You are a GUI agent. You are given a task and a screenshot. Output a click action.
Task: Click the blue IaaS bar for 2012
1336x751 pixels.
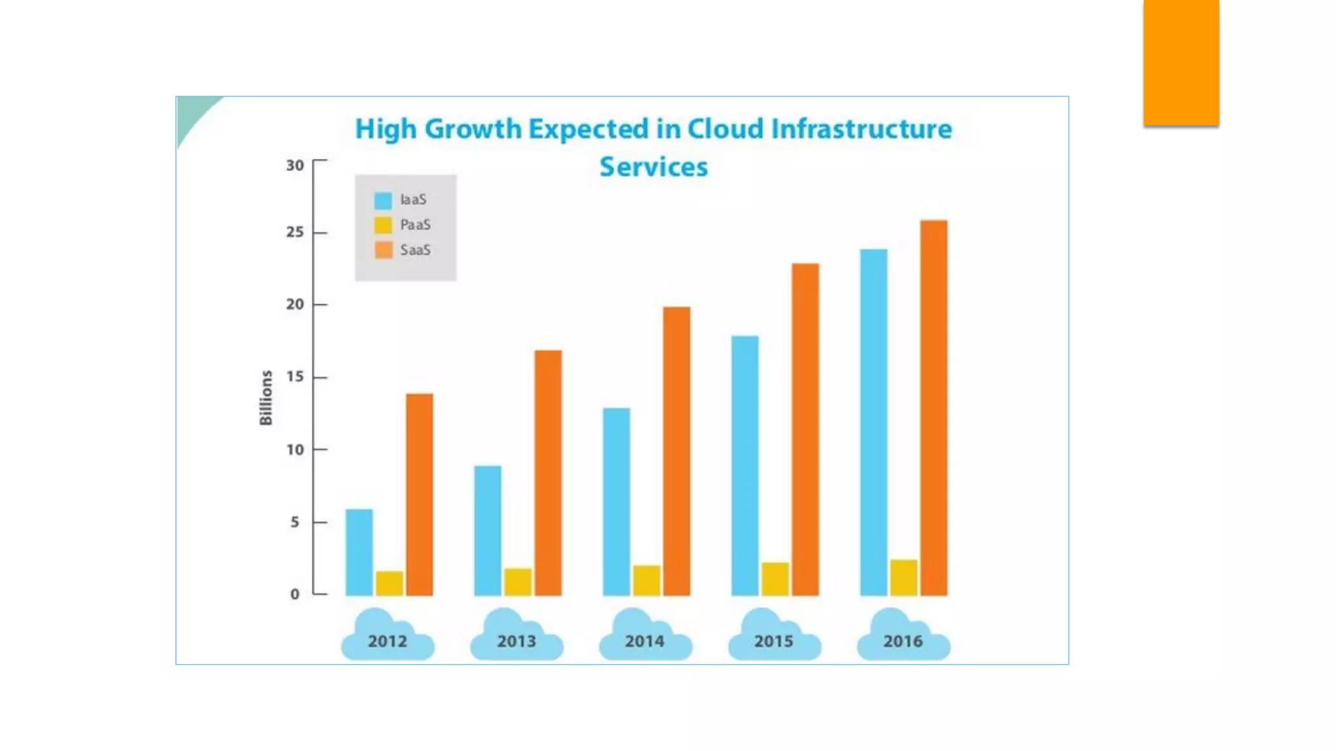point(359,552)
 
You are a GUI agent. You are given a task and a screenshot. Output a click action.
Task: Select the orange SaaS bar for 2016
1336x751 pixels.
point(934,408)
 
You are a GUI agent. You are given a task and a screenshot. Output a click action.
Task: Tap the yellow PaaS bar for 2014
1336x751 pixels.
point(646,580)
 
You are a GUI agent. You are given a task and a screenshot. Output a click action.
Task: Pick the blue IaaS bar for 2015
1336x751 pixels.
point(745,465)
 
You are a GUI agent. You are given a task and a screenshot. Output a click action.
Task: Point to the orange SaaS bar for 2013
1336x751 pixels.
point(548,473)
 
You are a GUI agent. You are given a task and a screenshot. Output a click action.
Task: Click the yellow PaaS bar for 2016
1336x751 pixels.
point(903,578)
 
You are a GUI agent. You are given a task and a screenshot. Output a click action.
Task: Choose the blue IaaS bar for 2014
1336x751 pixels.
point(616,501)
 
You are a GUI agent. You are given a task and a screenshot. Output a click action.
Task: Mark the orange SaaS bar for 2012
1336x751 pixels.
point(419,494)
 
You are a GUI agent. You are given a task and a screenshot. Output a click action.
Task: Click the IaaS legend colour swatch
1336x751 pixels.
point(383,200)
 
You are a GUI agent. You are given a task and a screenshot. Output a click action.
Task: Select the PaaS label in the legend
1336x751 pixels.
point(416,225)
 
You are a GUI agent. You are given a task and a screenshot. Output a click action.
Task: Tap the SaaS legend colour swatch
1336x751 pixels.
point(383,250)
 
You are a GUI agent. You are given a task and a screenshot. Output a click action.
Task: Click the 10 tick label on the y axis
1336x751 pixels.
point(295,450)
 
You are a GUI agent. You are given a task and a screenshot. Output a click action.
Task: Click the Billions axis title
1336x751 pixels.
point(266,398)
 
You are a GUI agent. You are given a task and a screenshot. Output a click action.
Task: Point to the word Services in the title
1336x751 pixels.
point(654,167)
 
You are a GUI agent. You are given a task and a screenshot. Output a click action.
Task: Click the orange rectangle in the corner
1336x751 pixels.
point(1181,62)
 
